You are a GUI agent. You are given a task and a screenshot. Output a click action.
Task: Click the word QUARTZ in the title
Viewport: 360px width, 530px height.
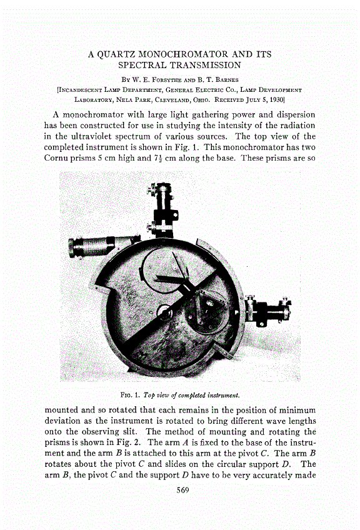pyautogui.click(x=124, y=54)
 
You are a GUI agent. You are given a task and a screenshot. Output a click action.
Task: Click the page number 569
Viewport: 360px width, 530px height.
pyautogui.click(x=179, y=489)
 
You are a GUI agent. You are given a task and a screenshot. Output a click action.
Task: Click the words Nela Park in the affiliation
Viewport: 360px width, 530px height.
pyautogui.click(x=128, y=98)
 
